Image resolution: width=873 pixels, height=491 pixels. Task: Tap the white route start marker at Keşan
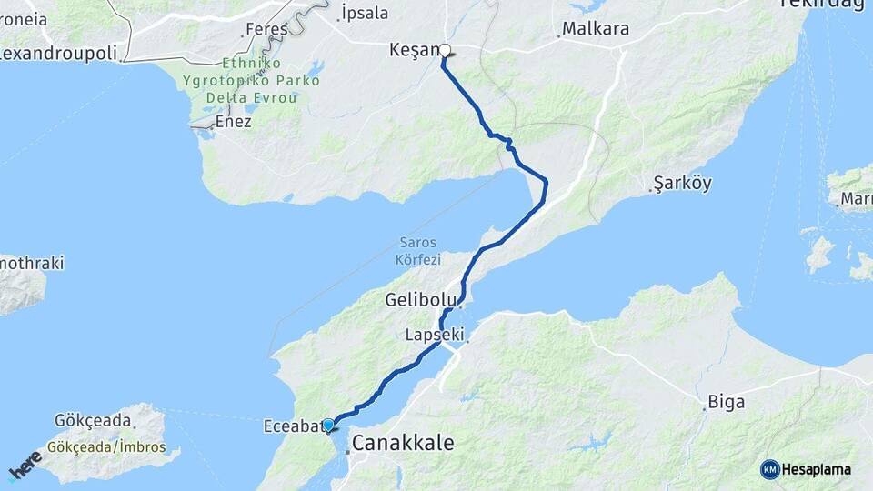(x=446, y=51)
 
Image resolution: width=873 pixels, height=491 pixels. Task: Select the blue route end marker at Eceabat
(x=328, y=424)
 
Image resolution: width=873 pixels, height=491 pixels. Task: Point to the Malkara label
(x=596, y=28)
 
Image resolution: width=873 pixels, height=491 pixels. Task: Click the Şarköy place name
(x=682, y=184)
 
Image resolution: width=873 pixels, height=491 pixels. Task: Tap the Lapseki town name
(x=434, y=336)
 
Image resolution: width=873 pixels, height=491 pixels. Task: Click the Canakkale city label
(x=402, y=443)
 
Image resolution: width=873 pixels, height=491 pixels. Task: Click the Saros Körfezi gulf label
(x=417, y=251)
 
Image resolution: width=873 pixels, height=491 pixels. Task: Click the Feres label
(x=268, y=29)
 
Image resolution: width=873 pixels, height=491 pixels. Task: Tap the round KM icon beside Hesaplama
(x=770, y=469)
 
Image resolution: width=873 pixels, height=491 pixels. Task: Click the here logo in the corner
(x=25, y=466)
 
